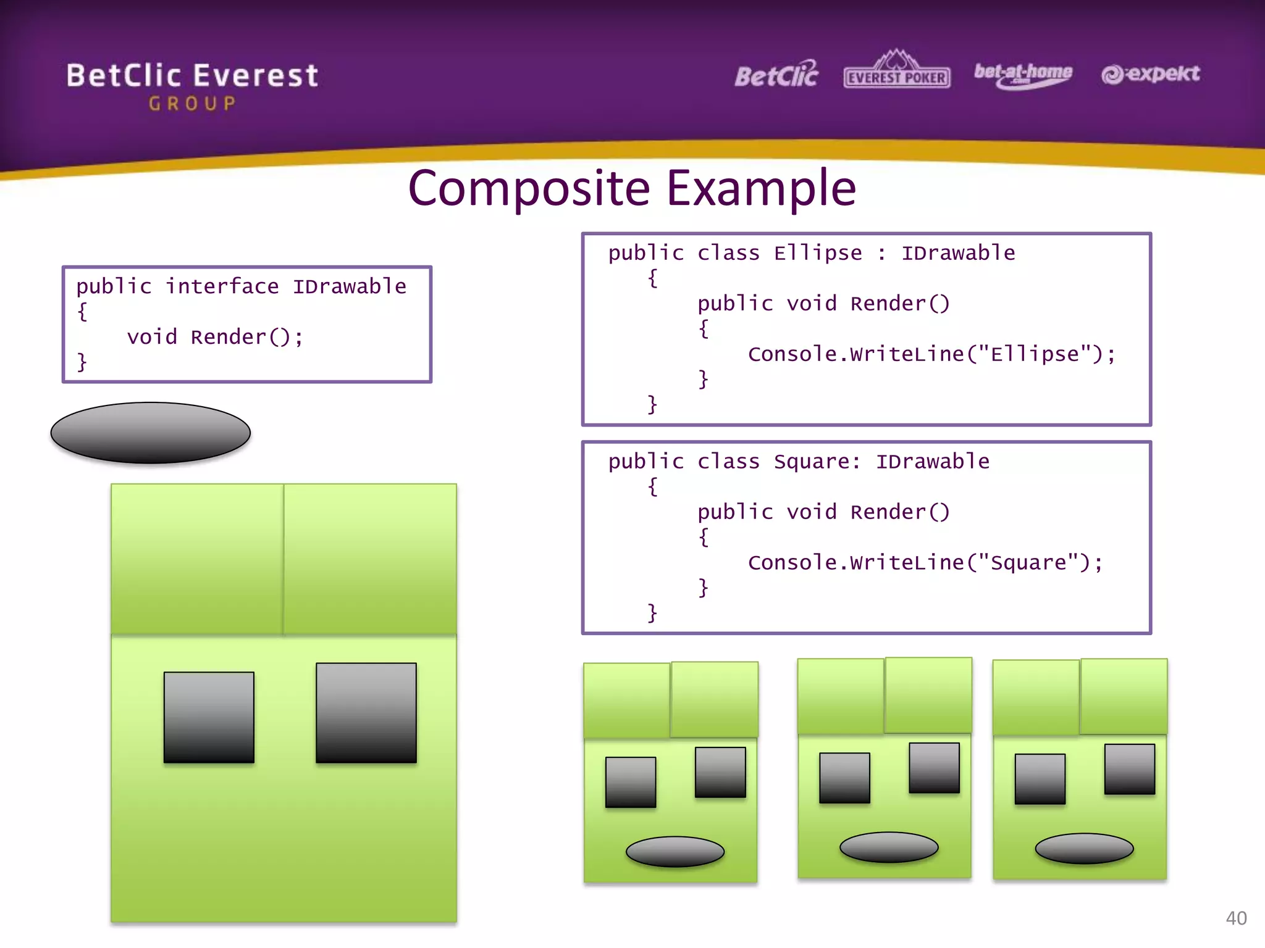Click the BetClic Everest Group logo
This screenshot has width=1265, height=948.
coord(192,85)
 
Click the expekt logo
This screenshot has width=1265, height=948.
coord(1150,74)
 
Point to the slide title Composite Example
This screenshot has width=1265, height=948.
coord(632,188)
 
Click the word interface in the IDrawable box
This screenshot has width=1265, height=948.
coord(222,286)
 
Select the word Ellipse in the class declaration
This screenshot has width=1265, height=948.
coord(818,253)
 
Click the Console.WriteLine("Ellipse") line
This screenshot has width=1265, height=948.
coord(931,354)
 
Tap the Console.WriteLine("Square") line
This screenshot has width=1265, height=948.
coord(925,563)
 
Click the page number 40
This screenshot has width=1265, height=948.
coord(1236,918)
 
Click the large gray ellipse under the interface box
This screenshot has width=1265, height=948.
coord(150,433)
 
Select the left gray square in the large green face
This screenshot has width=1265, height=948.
coord(209,717)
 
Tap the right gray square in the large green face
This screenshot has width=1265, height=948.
coord(366,713)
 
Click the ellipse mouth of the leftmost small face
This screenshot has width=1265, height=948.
coord(675,852)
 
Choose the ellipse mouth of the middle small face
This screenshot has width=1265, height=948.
coord(889,847)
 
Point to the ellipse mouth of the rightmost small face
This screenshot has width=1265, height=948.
coord(1084,849)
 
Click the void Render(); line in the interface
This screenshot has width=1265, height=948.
coord(215,338)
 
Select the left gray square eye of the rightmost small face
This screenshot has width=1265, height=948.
coord(1040,779)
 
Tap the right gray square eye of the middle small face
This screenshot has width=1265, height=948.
coord(934,768)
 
